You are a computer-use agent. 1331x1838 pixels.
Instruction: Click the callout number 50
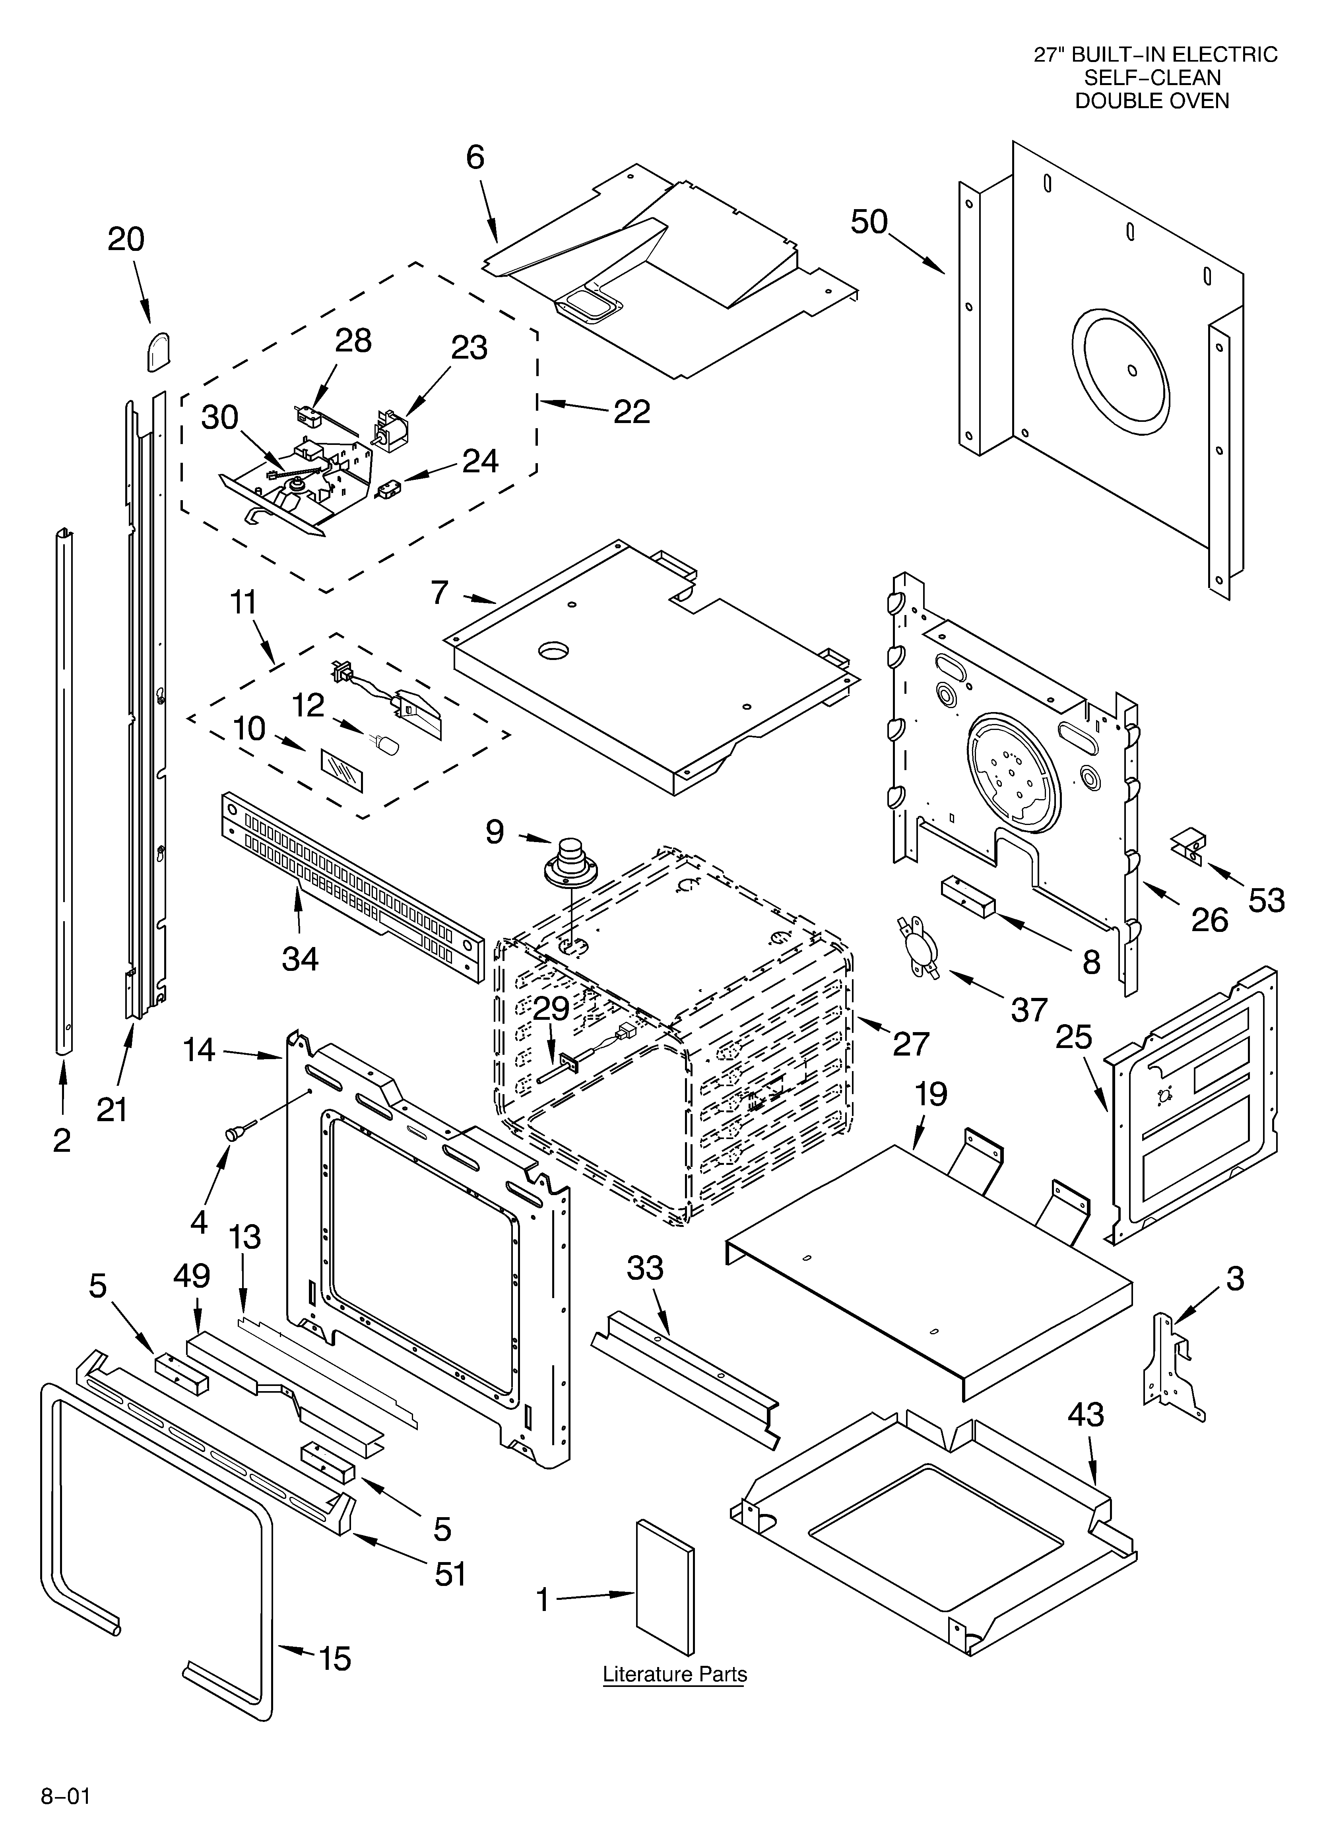[x=869, y=221]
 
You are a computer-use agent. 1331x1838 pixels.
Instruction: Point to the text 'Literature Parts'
[x=674, y=1674]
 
